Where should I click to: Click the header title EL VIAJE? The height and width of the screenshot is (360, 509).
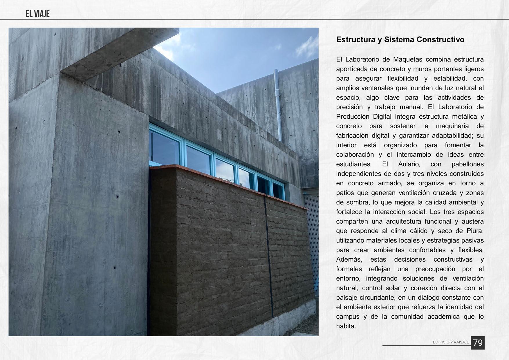[37, 14]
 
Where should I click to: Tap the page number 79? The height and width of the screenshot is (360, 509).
[477, 343]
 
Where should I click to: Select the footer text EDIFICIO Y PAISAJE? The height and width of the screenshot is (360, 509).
[451, 342]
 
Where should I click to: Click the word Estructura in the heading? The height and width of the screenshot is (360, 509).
[355, 40]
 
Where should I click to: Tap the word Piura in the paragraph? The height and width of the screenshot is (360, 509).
[474, 231]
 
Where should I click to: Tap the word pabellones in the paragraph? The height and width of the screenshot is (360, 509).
[468, 164]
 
